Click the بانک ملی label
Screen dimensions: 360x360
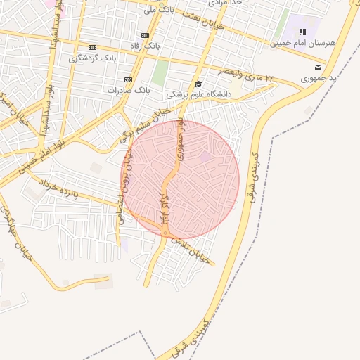coord(158,10)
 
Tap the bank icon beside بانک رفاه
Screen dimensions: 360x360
coord(145,35)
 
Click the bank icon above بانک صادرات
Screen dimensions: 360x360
coord(128,79)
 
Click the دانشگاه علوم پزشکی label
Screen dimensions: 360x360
coord(193,94)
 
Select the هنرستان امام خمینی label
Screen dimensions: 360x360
coord(303,43)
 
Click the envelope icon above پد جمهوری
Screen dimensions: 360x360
coord(318,67)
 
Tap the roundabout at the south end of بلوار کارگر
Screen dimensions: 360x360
coord(165,233)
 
